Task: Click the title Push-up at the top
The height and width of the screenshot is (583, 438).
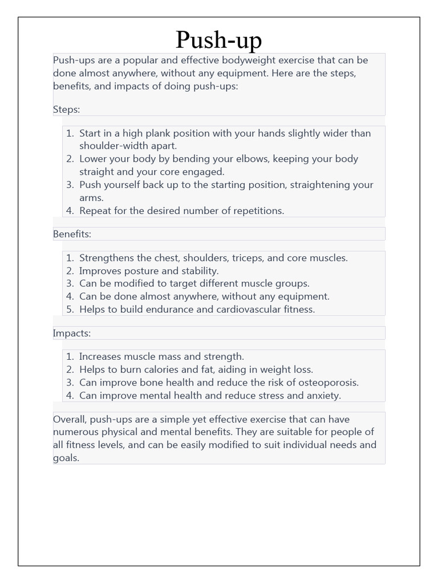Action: coord(218,39)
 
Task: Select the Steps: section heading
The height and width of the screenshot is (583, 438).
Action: coord(66,109)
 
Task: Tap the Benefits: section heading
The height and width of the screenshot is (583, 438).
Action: coord(72,234)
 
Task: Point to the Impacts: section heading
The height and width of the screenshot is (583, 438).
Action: coord(71,333)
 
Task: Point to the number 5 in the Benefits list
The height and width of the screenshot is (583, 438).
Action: coord(69,309)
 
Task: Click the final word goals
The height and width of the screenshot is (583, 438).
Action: coord(65,458)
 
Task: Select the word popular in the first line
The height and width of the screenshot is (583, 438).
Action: coord(142,60)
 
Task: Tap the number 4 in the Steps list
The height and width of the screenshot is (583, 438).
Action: coord(69,211)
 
